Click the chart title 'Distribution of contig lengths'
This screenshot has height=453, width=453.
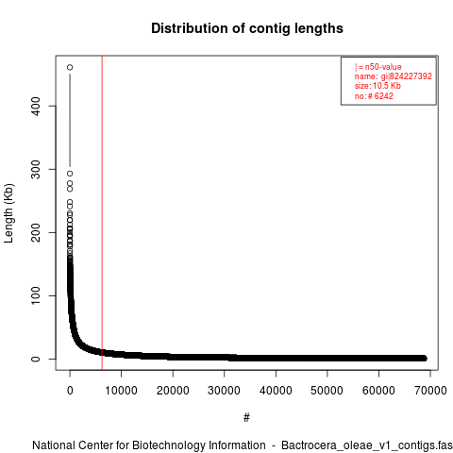click(x=247, y=28)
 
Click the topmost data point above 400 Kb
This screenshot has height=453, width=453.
click(x=70, y=67)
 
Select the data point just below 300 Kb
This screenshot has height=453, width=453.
click(x=70, y=174)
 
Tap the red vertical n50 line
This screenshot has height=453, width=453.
click(x=102, y=212)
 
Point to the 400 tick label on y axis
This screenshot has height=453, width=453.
click(x=36, y=106)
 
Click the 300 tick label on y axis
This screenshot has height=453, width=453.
click(x=36, y=169)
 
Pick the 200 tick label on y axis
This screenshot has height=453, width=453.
click(x=36, y=232)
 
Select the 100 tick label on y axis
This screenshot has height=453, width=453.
click(x=36, y=295)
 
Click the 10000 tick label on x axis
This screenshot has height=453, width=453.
click(x=121, y=391)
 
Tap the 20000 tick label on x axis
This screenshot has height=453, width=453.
click(x=173, y=391)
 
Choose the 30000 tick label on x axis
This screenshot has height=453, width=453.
click(x=224, y=391)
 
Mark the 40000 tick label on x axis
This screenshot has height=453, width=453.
click(x=276, y=391)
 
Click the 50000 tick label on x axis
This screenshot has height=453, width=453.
click(x=327, y=391)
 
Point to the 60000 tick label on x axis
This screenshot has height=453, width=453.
click(x=378, y=391)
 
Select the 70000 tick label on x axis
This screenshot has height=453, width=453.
click(x=430, y=391)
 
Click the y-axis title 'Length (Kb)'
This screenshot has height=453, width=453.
click(x=8, y=213)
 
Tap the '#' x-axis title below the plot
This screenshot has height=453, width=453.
click(x=246, y=418)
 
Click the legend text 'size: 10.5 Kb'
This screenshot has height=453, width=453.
click(x=377, y=86)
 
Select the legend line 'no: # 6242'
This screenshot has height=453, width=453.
click(x=374, y=96)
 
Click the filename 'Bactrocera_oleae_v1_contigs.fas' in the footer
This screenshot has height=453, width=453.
click(x=367, y=445)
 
